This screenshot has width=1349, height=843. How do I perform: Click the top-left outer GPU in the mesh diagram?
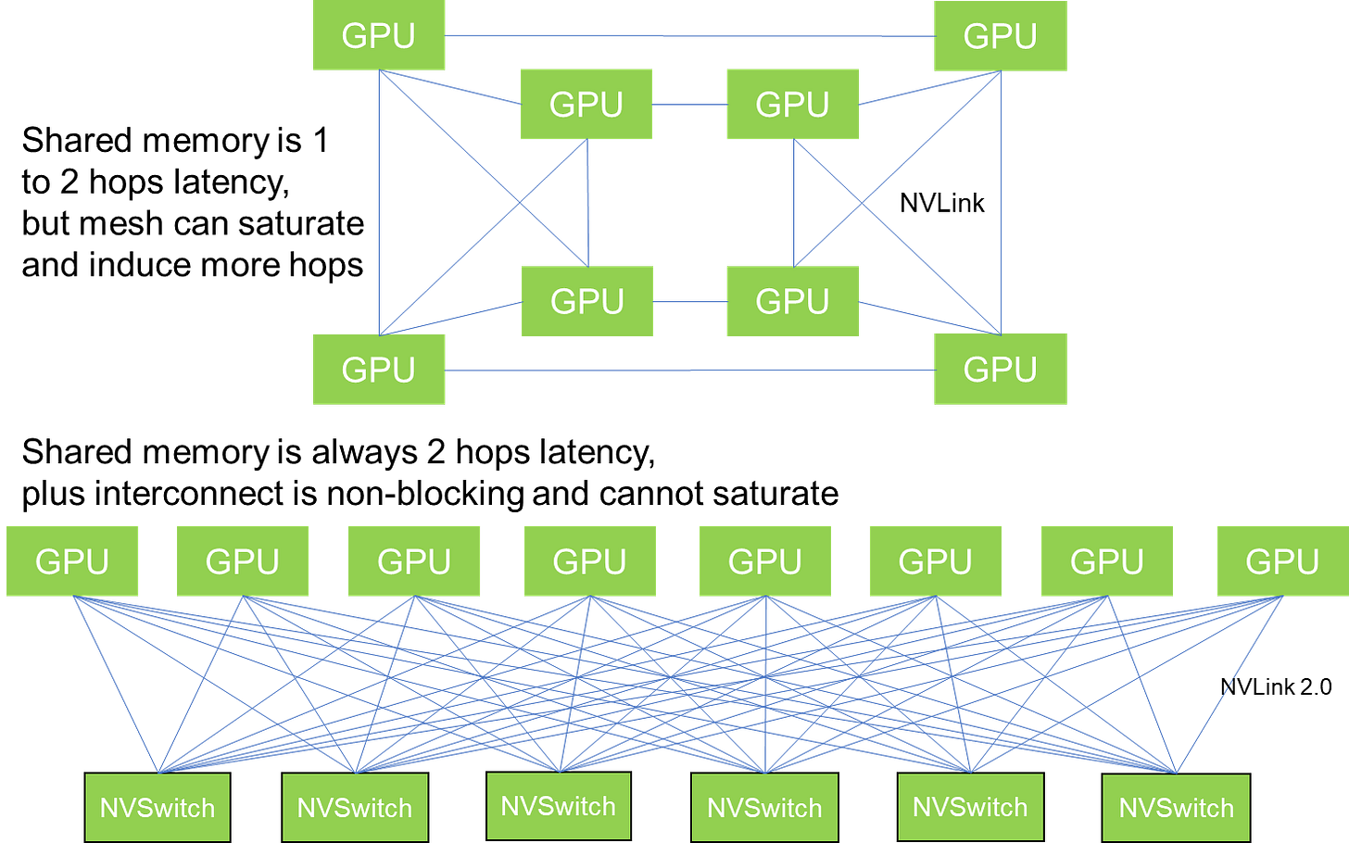(x=379, y=36)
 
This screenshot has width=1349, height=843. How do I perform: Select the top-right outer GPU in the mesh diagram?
(x=1000, y=36)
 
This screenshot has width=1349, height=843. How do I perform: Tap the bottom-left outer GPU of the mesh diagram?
(x=379, y=370)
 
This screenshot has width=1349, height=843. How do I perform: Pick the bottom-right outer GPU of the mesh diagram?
(x=1000, y=370)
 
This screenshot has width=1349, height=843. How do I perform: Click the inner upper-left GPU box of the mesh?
(x=586, y=104)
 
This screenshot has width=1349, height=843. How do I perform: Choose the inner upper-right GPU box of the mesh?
(x=792, y=104)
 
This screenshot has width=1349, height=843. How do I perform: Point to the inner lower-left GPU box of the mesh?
(x=586, y=300)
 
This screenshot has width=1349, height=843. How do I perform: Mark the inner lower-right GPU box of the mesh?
(x=792, y=300)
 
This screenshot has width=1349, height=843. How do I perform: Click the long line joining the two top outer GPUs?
(x=689, y=36)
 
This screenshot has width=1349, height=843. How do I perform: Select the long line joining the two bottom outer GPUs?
(x=689, y=370)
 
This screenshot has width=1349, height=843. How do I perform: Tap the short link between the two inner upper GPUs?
(x=688, y=105)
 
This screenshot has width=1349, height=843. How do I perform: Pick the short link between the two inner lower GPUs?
(x=688, y=302)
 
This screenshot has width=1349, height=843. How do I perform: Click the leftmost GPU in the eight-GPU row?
(x=72, y=561)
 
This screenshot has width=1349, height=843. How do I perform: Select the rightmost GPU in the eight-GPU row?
(x=1281, y=561)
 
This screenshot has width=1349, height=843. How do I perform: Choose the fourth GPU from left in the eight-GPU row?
(x=589, y=561)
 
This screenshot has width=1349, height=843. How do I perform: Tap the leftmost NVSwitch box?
(x=158, y=808)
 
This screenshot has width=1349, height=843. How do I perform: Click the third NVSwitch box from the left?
(x=558, y=806)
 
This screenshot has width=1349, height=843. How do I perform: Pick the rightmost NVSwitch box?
(x=1176, y=808)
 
